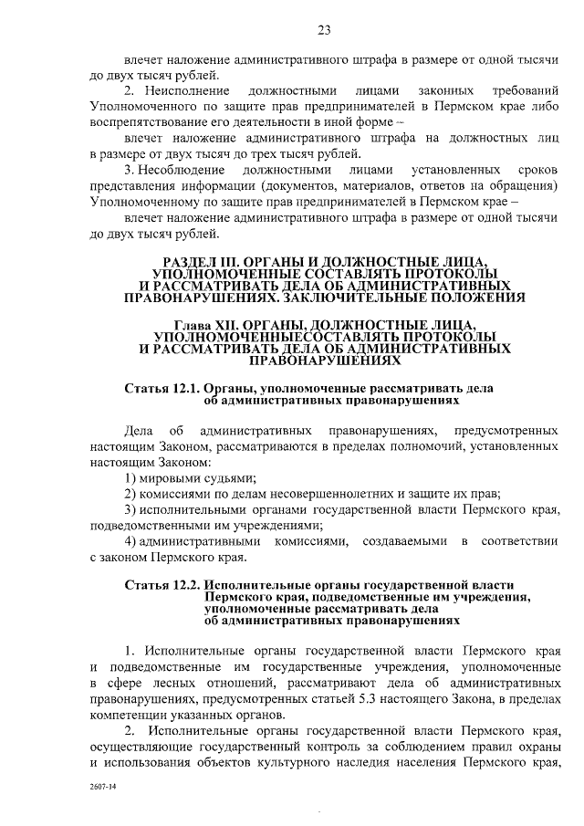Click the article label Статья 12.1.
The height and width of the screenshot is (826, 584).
[162, 388]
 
